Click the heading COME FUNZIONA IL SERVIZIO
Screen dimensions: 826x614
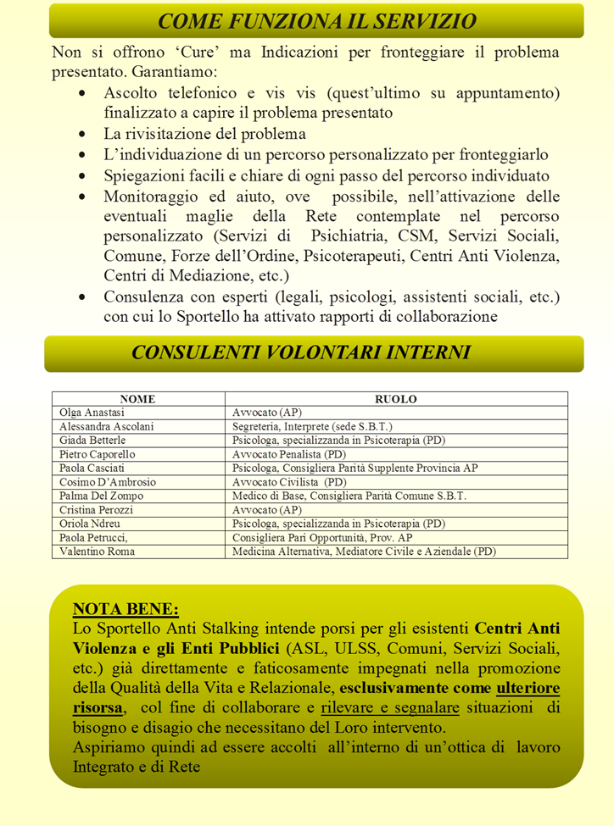(316, 20)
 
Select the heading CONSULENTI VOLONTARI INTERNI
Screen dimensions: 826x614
(301, 352)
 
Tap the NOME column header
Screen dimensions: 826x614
(137, 399)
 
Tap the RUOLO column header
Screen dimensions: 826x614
(396, 399)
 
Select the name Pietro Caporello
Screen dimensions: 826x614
(98, 454)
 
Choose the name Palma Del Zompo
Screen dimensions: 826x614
(101, 496)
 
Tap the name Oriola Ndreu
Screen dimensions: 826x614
(91, 524)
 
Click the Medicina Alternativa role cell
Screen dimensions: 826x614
(364, 552)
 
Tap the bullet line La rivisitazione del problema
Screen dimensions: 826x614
(204, 135)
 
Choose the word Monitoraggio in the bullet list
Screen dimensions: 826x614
(151, 197)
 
